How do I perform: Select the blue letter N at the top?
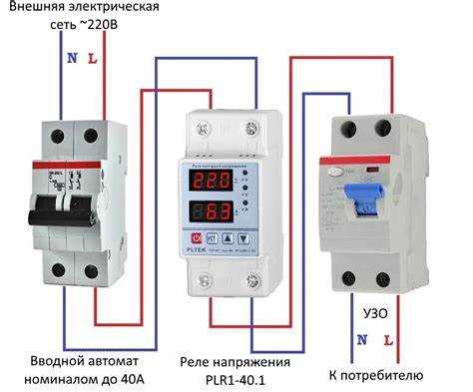click(x=71, y=58)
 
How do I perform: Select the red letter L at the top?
click(x=93, y=58)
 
